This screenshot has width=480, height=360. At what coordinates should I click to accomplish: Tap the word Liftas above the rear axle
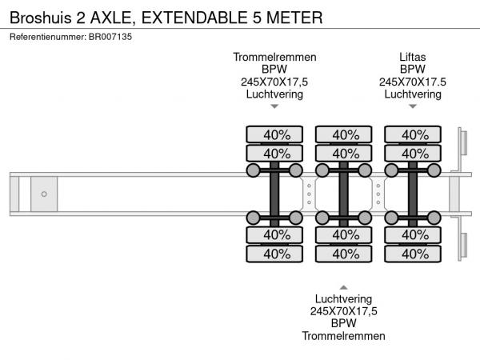click(412, 57)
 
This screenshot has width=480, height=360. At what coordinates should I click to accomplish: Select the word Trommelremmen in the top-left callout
click(274, 57)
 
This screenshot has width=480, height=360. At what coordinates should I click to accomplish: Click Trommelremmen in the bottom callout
click(343, 335)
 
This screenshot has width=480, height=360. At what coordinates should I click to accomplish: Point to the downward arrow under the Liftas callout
click(412, 106)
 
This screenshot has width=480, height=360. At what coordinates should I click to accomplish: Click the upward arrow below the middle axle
click(343, 286)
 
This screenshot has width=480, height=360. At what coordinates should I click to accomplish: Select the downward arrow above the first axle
click(274, 106)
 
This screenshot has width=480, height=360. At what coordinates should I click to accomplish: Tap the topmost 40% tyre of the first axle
click(274, 134)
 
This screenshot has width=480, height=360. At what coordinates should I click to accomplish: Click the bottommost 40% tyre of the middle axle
click(343, 254)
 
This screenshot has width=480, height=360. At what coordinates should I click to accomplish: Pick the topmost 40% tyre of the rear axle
click(412, 134)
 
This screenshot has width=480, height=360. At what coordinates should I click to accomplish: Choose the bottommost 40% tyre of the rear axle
click(412, 254)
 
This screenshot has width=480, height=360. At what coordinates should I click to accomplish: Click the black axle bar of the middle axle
click(343, 194)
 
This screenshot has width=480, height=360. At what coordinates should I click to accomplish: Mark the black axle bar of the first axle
click(274, 194)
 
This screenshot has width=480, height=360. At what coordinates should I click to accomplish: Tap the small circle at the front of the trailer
click(44, 194)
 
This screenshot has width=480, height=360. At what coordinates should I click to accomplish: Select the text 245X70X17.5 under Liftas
click(412, 82)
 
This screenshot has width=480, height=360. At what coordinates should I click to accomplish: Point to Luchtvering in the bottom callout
click(343, 298)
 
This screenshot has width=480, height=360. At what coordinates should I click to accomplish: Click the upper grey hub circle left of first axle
click(253, 170)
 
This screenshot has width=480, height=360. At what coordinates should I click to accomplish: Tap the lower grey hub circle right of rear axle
click(434, 218)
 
